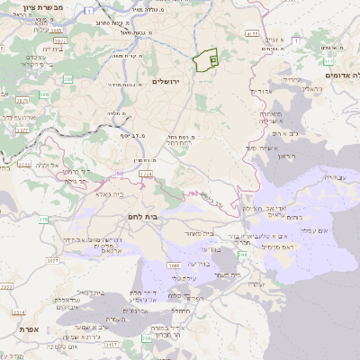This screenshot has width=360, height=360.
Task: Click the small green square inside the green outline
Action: tap(213, 59)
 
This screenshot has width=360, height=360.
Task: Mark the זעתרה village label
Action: tap(256, 284)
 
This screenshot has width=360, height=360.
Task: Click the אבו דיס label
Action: tap(259, 91)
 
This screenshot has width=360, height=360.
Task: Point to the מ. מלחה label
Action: tap(116, 113)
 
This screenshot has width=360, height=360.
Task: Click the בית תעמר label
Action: tap(227, 274)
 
